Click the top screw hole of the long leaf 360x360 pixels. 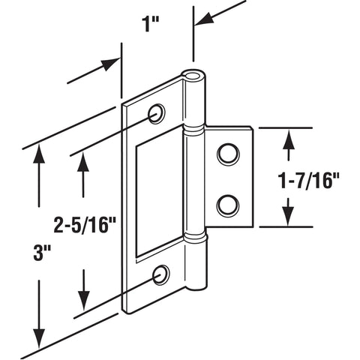(157, 114)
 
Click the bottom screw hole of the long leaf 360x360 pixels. (160, 275)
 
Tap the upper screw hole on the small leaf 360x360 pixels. (226, 155)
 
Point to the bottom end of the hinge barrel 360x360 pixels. (196, 283)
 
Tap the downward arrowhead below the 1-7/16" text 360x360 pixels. (289, 218)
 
